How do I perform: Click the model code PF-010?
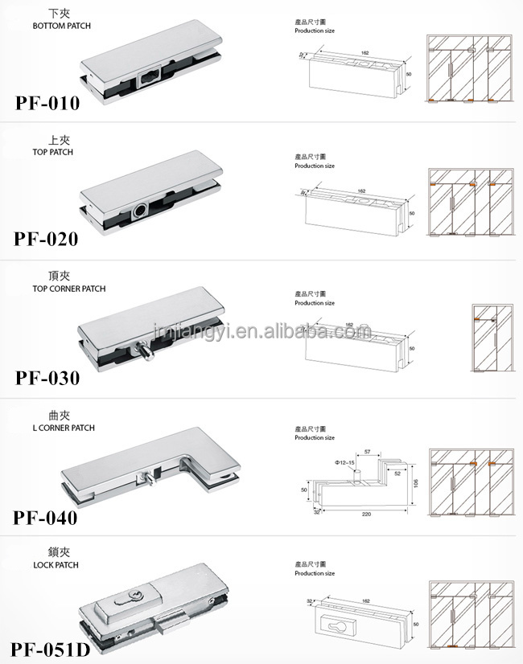coord(47,103)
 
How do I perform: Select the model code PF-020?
coord(47,239)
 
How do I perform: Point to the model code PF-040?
coord(47,518)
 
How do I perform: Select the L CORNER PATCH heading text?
coord(64,428)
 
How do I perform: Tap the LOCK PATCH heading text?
coord(56,565)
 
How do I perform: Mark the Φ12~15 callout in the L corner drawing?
coord(346,463)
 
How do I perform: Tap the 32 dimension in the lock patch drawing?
coord(309,600)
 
